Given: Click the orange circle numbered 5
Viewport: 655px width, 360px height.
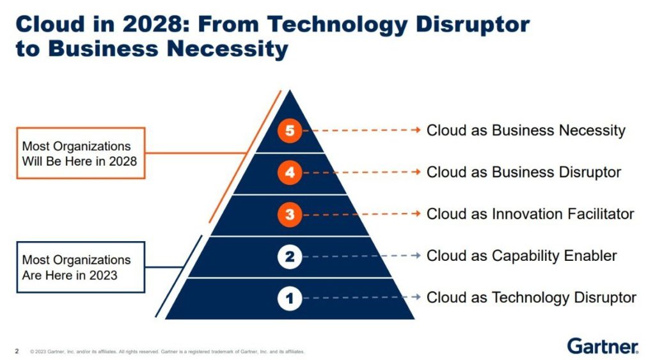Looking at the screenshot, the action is pos(290,130).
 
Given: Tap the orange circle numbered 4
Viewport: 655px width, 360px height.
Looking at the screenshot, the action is pos(290,173).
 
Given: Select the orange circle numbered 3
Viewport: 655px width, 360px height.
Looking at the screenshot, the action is pos(290,215).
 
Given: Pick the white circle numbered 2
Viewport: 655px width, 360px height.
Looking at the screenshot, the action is pos(290,256).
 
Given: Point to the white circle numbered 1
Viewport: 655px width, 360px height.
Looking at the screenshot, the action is pos(290,298).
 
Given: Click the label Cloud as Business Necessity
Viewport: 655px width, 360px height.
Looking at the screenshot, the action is pos(526,130).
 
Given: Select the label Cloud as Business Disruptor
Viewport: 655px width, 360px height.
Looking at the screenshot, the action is pos(524,172).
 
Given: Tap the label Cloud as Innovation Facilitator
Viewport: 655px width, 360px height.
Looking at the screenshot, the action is pos(530,214).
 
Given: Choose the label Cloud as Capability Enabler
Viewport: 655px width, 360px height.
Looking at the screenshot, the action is pos(522,256).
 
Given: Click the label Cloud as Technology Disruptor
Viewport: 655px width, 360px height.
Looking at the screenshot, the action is pos(532,297).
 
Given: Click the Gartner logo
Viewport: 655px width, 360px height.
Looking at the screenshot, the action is pos(603,346).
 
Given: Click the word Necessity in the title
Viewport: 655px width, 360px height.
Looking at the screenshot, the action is pos(228,49).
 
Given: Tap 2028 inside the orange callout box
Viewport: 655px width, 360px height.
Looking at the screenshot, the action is pos(123,161).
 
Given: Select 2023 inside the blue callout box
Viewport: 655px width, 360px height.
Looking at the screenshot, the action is pos(104,275).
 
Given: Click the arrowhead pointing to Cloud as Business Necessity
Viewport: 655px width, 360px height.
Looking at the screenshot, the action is pos(416,130).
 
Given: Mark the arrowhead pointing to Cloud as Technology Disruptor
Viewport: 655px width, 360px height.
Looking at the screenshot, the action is pos(416,297).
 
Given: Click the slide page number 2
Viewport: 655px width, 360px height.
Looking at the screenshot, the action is pos(17,351).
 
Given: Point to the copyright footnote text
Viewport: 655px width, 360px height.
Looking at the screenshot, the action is pos(167,352).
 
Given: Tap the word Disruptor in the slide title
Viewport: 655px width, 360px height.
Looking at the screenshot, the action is pos(473,24).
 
